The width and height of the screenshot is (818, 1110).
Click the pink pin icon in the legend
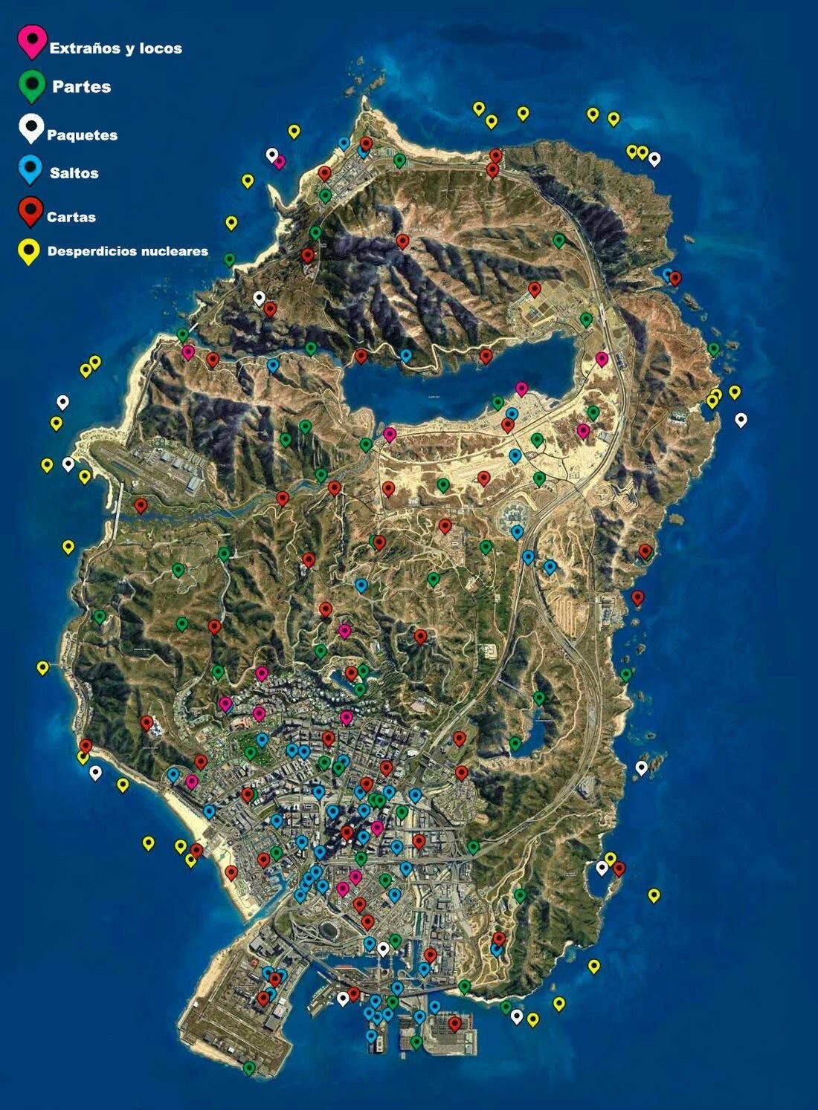coord(32,40)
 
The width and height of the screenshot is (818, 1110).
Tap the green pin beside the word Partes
coord(32,85)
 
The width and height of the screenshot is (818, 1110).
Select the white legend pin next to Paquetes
coord(30,128)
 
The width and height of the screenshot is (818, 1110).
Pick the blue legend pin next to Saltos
coord(30,169)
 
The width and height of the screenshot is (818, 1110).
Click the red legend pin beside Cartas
coord(30,211)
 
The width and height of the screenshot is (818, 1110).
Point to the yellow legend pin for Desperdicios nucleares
coord(30,251)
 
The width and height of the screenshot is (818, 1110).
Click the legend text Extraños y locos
coord(115,48)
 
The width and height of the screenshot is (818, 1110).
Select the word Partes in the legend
coord(81,87)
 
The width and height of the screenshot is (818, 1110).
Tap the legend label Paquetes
coord(82,135)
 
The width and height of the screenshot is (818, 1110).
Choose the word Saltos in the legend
coord(74,173)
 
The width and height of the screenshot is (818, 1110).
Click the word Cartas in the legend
coord(71,217)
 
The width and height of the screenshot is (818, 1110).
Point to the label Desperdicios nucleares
coord(127,251)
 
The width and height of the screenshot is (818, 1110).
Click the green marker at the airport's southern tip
coord(249,1068)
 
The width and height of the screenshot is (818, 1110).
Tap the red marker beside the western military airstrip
coord(141,505)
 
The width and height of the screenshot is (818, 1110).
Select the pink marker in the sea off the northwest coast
coord(280,161)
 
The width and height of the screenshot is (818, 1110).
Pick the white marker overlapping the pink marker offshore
coord(272,155)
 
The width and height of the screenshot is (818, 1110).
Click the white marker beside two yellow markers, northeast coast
coord(654,158)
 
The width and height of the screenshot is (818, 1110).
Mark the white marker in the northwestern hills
coord(259,298)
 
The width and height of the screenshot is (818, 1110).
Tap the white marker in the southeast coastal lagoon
coord(602,866)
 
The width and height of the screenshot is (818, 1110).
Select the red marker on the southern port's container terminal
coord(454,1024)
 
